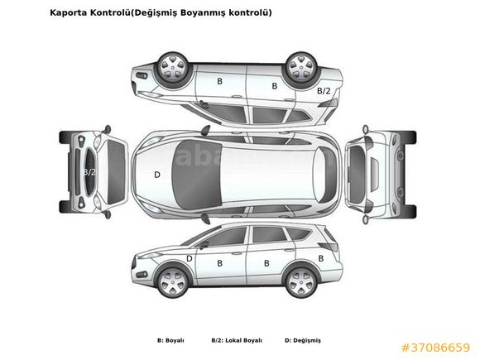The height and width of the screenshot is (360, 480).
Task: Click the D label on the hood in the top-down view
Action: tap(157, 175)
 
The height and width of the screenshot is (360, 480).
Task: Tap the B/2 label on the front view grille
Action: tap(89, 172)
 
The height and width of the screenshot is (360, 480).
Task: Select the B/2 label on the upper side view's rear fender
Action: tap(324, 90)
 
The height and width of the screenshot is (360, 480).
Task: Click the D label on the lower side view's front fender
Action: tap(190, 259)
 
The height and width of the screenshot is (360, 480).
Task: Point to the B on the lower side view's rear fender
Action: tap(321, 259)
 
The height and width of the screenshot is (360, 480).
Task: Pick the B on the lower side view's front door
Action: tap(219, 263)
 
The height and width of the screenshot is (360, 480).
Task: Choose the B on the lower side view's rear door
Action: tap(266, 263)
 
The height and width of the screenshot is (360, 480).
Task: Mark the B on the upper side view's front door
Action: tap(219, 81)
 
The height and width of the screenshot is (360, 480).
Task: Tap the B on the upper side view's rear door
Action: tap(275, 86)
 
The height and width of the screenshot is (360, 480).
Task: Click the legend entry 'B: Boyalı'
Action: tap(170, 340)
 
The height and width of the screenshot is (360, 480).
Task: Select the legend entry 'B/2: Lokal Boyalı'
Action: tap(237, 340)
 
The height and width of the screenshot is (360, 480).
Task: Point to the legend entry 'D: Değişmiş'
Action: tap(303, 340)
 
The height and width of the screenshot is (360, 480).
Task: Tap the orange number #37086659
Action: tap(435, 348)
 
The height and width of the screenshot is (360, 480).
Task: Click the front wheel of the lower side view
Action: tap(173, 282)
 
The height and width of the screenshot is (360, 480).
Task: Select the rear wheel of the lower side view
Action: tap(301, 282)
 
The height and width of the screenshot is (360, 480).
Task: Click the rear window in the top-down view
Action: tap(327, 175)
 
